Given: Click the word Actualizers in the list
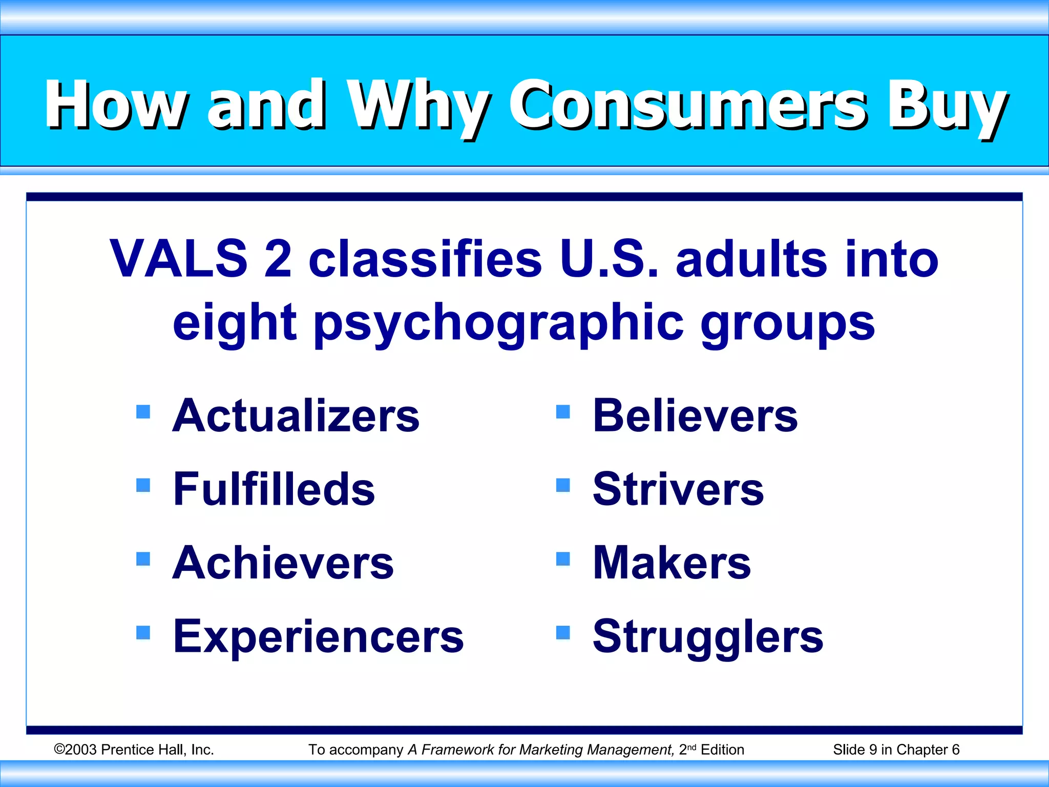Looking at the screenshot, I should coord(296,416).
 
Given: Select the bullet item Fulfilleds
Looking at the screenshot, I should coord(274,489).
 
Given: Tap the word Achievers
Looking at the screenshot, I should coord(283,563).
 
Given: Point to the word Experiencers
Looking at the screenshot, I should coord(318,636).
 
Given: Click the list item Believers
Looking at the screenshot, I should coord(695,416).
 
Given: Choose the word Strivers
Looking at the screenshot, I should coord(678,489).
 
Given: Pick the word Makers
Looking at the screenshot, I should coord(672,563).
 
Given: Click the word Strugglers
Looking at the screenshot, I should coord(708,636).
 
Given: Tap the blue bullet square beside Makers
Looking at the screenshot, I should coord(563,558).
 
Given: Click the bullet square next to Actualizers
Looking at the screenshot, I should coord(143,411).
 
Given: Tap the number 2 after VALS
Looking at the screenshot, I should coord(278,259).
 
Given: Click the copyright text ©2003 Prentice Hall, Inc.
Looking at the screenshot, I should coord(134,750).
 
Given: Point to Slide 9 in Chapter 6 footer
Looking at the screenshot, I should coord(896,750).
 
